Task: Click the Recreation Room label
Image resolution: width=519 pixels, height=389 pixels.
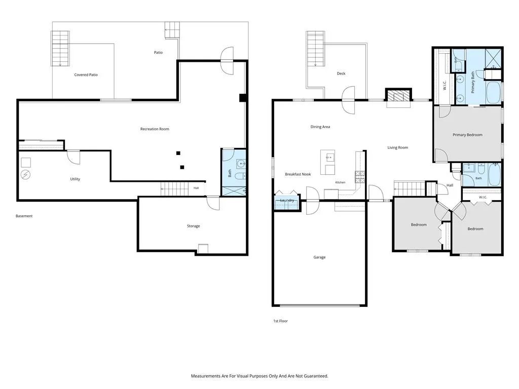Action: [155, 129]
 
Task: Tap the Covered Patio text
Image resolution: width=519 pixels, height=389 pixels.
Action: [86, 75]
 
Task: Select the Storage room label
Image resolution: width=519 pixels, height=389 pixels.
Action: [193, 226]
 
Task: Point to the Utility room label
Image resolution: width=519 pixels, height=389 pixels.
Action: [75, 179]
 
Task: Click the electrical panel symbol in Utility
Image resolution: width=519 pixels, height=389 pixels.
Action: [25, 175]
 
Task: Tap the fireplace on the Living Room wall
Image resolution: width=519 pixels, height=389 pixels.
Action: [398, 95]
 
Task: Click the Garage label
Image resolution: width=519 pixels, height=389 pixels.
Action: [319, 257]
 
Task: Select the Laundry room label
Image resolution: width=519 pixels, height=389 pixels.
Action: [287, 201]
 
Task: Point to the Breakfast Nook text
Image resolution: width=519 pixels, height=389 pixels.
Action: [298, 174]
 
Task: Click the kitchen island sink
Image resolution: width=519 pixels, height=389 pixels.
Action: [330, 158]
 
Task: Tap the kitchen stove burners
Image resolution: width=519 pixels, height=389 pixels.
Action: [360, 177]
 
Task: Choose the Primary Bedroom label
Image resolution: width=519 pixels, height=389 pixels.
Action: [467, 135]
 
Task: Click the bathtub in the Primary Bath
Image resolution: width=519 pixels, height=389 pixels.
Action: [494, 93]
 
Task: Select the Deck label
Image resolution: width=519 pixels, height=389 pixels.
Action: [341, 73]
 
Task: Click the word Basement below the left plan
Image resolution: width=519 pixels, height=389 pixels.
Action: [24, 216]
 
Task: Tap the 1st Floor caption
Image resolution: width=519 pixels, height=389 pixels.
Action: [280, 321]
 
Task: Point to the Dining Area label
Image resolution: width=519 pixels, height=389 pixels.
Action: [320, 127]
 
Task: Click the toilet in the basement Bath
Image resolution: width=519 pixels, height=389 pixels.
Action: [240, 176]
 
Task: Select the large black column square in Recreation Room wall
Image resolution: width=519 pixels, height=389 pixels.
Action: [243, 98]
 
